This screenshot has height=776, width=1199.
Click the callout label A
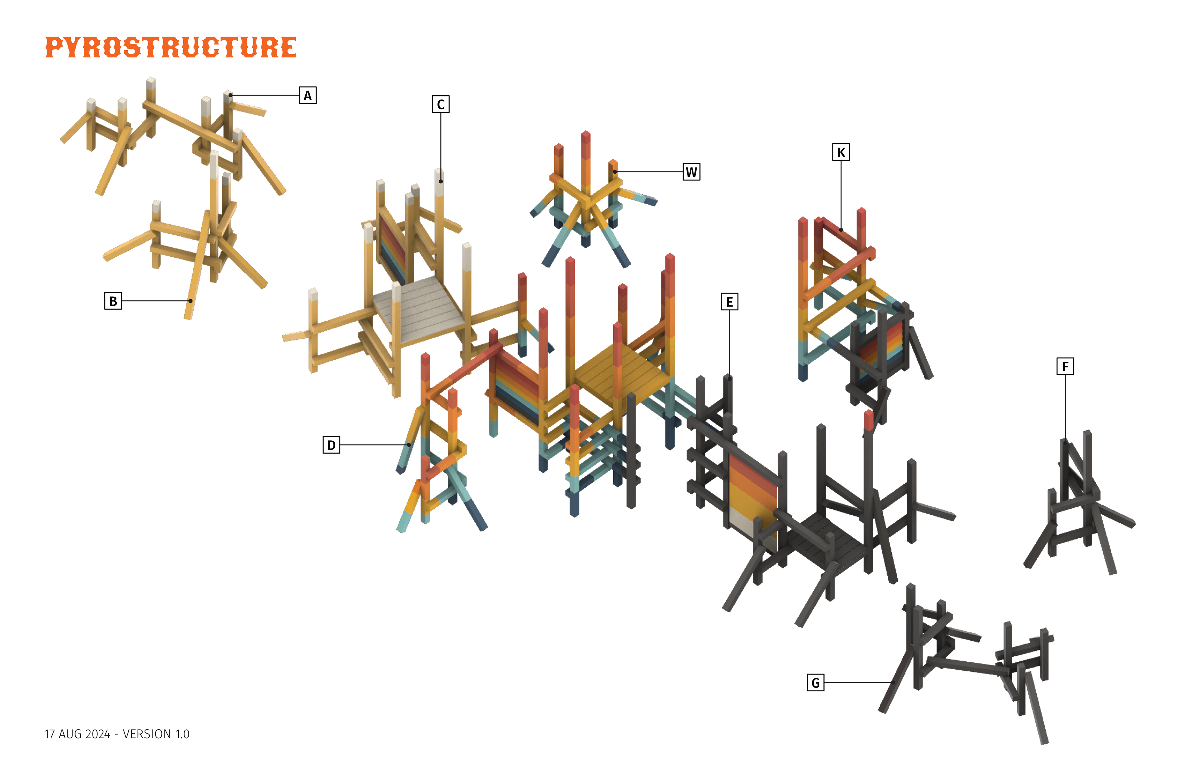307,95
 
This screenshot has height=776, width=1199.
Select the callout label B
113,301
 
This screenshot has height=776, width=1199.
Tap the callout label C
440,104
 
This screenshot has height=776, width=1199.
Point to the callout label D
331,445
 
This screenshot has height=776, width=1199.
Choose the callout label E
729,302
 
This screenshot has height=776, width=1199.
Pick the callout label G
815,683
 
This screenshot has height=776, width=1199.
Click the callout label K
840,152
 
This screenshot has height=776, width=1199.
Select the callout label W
691,172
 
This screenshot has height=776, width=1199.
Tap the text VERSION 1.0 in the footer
156,734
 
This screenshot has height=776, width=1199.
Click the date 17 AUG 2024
77,734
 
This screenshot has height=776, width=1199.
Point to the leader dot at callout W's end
615,172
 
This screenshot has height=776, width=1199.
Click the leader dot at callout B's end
190,301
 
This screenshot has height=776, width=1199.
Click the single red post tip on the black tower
869,419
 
